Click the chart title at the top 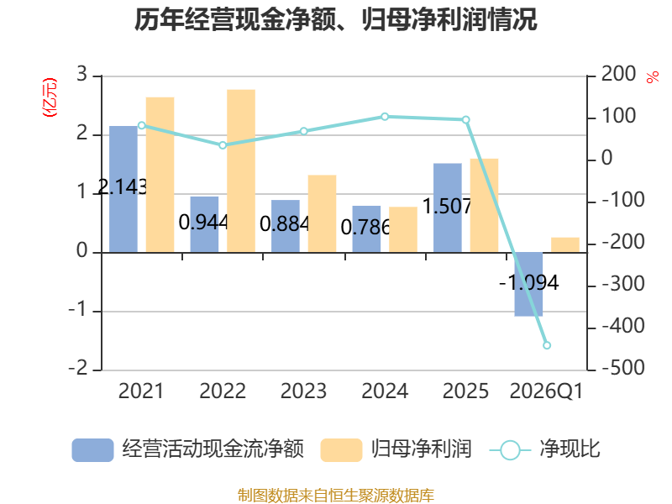(x=335, y=19)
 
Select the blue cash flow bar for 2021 (x=123, y=189)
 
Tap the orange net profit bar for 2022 (x=241, y=171)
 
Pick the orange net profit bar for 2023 (x=322, y=213)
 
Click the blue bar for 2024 (x=366, y=228)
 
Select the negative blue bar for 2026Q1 (x=528, y=285)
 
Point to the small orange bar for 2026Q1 (x=565, y=244)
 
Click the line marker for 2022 (x=223, y=145)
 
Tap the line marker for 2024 (x=385, y=117)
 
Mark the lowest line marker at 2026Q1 (x=547, y=345)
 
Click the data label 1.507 (x=447, y=206)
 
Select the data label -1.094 (x=529, y=283)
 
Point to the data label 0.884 (x=284, y=223)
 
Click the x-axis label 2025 (x=465, y=391)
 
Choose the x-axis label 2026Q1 (x=547, y=391)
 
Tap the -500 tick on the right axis (x=623, y=368)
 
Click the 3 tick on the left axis (x=81, y=74)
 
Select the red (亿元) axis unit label (x=50, y=97)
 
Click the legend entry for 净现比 (x=544, y=449)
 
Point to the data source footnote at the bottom (x=336, y=496)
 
